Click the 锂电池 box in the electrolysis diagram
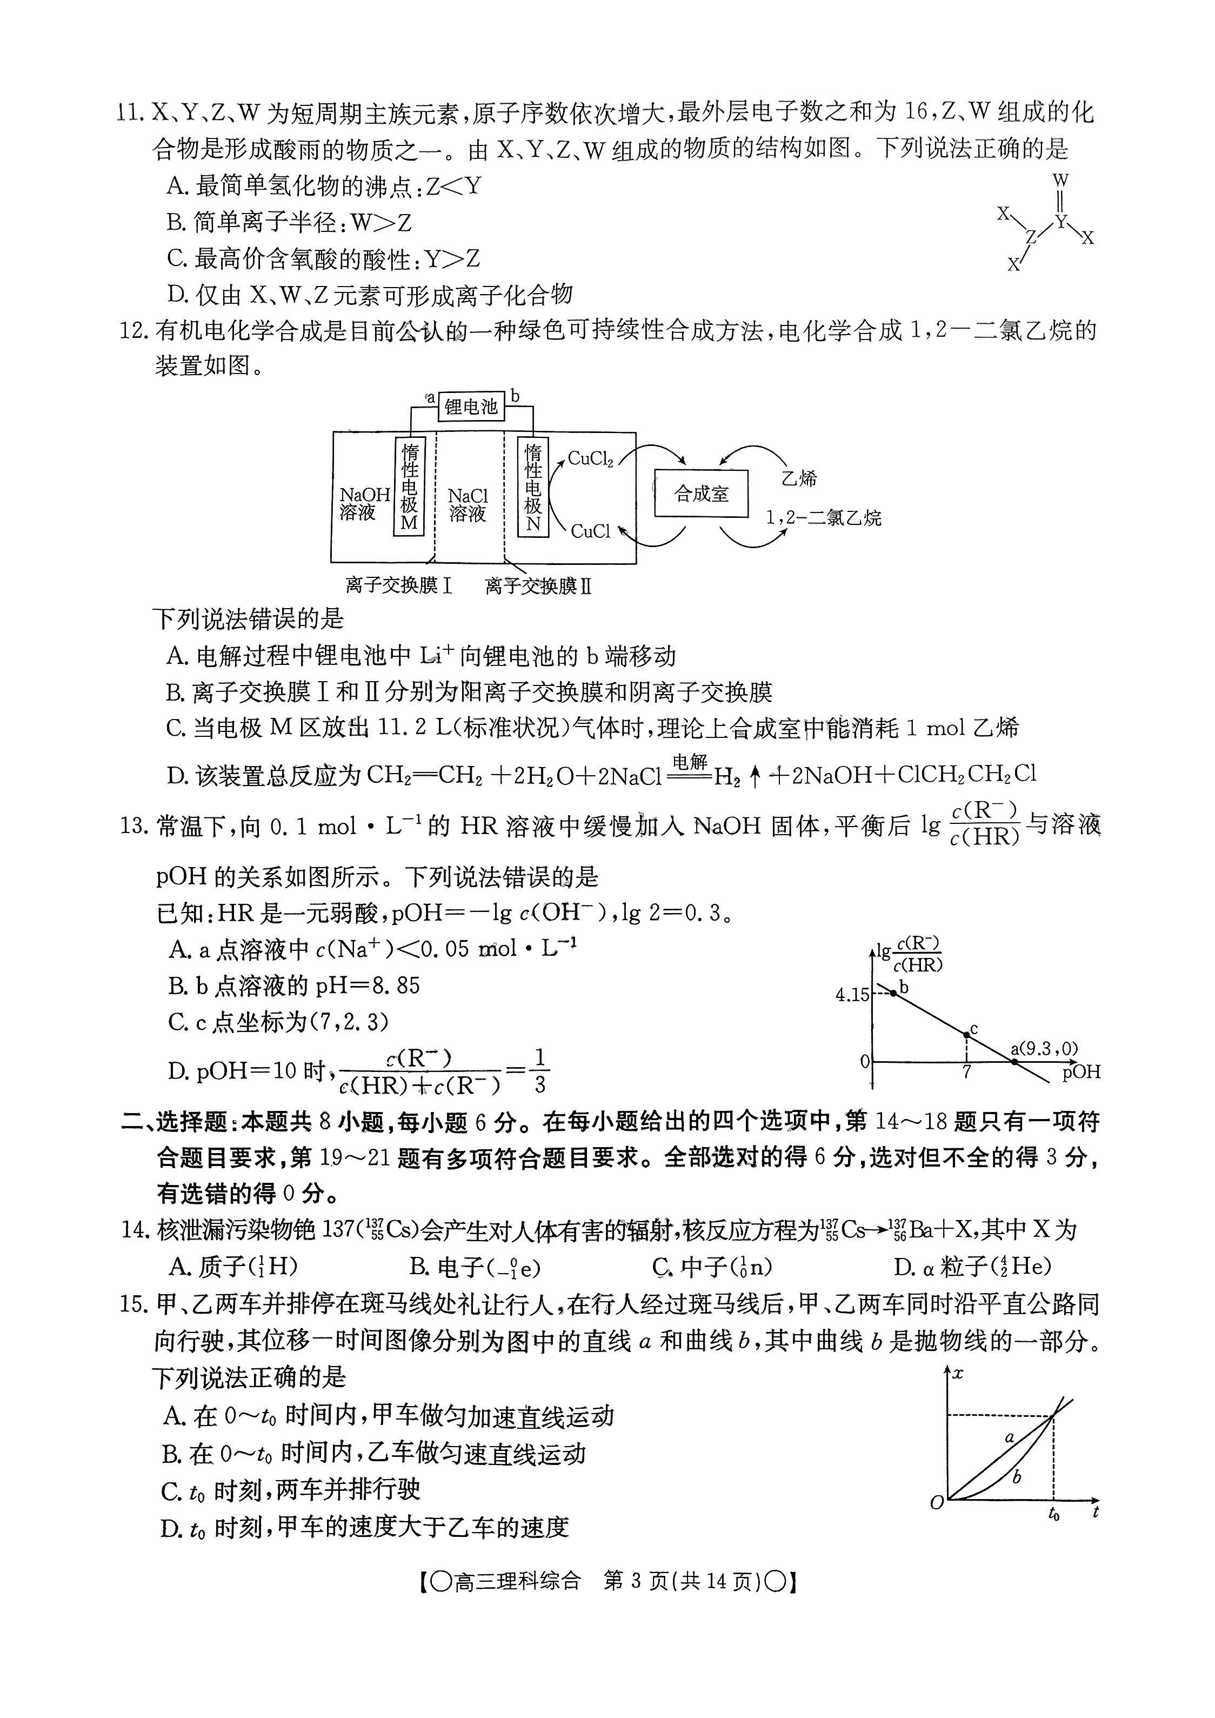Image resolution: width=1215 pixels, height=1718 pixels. click(x=471, y=407)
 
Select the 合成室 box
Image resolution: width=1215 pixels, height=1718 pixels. click(x=701, y=493)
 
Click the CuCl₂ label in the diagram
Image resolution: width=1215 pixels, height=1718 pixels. click(x=590, y=458)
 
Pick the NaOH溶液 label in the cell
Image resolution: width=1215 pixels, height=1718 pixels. click(x=364, y=503)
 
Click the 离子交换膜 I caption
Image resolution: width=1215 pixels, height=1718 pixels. click(x=399, y=585)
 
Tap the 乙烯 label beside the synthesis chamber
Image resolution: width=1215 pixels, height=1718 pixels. click(x=799, y=478)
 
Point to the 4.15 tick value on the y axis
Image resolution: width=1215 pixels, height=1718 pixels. click(x=852, y=995)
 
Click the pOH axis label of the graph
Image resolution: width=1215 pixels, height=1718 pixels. click(x=1081, y=1072)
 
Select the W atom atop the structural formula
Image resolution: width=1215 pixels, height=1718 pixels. click(x=1060, y=181)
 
